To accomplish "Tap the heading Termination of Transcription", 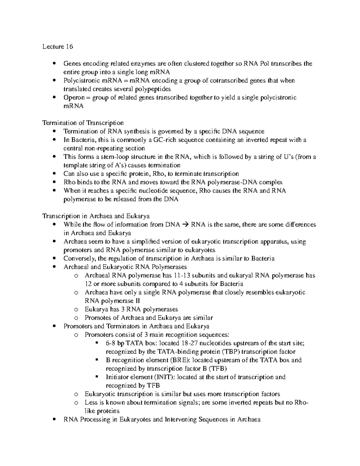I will tap(83, 123).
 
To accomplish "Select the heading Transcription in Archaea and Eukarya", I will tap(96, 216).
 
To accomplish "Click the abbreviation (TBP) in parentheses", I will tap(230, 352).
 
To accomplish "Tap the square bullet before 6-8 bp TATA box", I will tap(97, 343).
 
